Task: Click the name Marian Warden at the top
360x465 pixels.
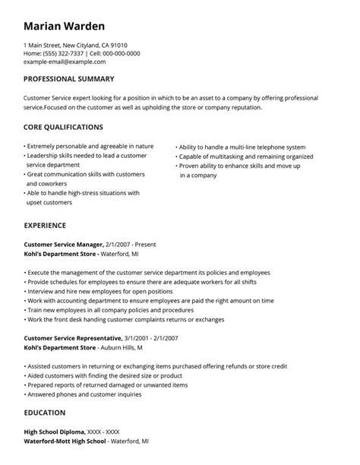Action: pos(65,27)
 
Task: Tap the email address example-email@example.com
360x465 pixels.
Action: pos(65,62)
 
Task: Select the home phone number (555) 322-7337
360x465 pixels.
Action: pos(63,53)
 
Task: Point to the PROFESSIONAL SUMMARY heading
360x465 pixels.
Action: pos(69,79)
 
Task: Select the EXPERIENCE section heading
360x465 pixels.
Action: pos(45,225)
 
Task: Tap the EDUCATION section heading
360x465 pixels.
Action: pos(44,413)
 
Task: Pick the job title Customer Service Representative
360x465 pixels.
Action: pos(73,337)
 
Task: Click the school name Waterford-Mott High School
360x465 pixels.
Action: pos(65,440)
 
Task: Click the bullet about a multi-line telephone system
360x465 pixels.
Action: pos(242,147)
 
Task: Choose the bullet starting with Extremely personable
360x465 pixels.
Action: pos(90,146)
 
